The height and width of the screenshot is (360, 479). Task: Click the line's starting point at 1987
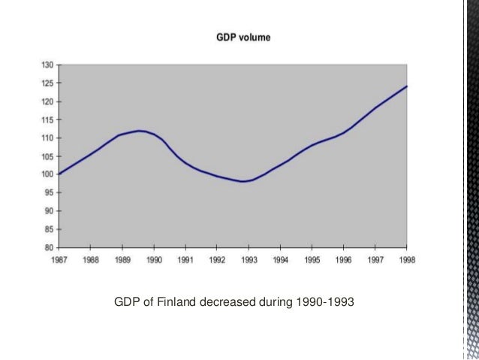(59, 174)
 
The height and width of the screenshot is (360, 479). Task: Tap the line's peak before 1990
(140, 131)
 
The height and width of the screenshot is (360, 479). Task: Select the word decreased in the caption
(237, 304)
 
